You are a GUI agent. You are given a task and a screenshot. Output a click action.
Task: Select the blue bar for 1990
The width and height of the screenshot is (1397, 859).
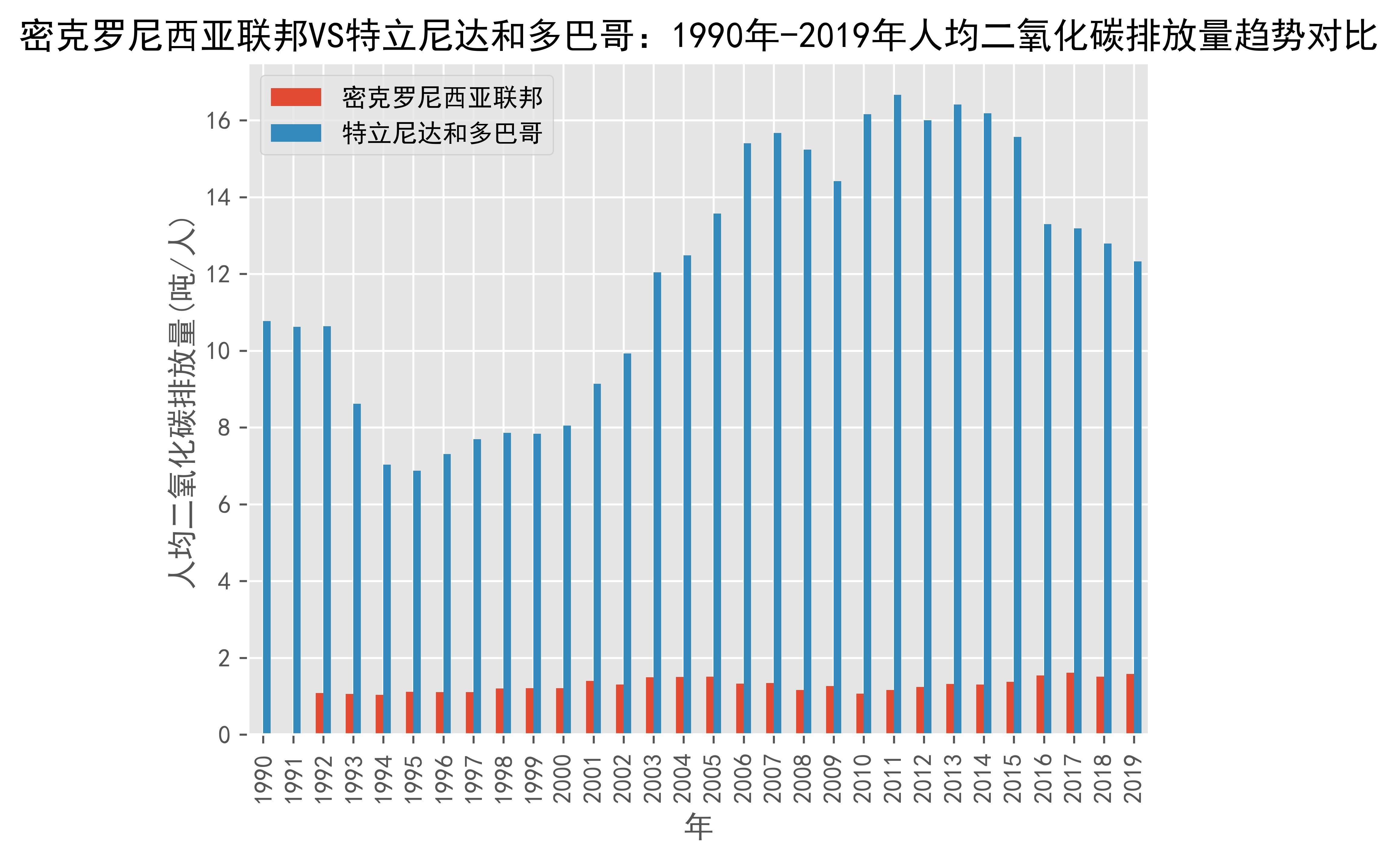(267, 528)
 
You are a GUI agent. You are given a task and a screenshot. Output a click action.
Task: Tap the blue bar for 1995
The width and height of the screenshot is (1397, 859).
(417, 602)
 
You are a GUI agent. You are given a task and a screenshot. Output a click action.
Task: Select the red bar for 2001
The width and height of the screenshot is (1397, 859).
(590, 707)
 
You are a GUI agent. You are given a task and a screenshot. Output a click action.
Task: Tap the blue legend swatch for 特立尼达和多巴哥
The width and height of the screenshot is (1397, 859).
(296, 133)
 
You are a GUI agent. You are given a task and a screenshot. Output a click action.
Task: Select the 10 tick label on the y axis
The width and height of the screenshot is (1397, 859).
(219, 351)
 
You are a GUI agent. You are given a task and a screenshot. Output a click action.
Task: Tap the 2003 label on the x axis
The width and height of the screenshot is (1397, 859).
(653, 778)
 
